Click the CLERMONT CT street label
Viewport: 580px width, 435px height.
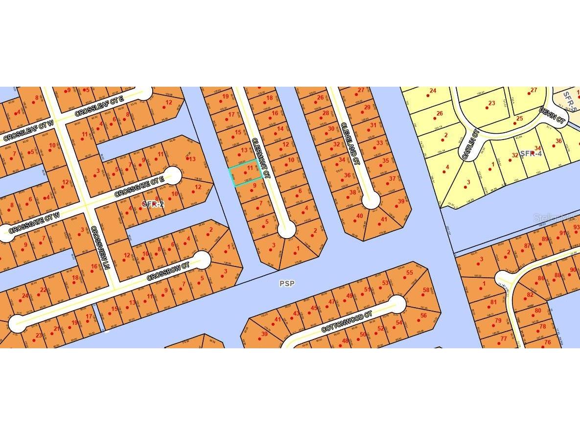(261, 157)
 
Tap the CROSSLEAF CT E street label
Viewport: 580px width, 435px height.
(100, 106)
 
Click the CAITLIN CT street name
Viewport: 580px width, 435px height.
(469, 144)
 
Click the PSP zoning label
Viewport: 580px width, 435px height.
(287, 283)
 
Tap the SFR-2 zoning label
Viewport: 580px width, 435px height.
(152, 204)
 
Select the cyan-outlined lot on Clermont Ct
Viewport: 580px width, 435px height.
(245, 173)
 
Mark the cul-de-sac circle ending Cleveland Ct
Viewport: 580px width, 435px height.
(371, 200)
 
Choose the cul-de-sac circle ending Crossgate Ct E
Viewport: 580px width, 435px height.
(173, 175)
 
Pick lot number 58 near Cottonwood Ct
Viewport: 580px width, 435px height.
(426, 290)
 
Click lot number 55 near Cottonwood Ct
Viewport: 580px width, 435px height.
(410, 272)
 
